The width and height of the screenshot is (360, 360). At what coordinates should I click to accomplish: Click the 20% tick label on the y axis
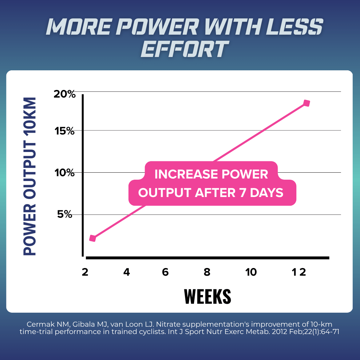(x=65, y=95)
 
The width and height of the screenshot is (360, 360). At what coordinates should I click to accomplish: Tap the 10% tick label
(x=65, y=173)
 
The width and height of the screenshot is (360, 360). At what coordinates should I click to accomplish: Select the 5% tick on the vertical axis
(x=65, y=214)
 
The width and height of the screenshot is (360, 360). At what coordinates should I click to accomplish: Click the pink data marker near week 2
(x=93, y=238)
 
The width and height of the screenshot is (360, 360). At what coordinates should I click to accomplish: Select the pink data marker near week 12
(x=307, y=103)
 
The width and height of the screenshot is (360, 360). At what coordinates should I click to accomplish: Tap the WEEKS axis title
(x=207, y=296)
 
